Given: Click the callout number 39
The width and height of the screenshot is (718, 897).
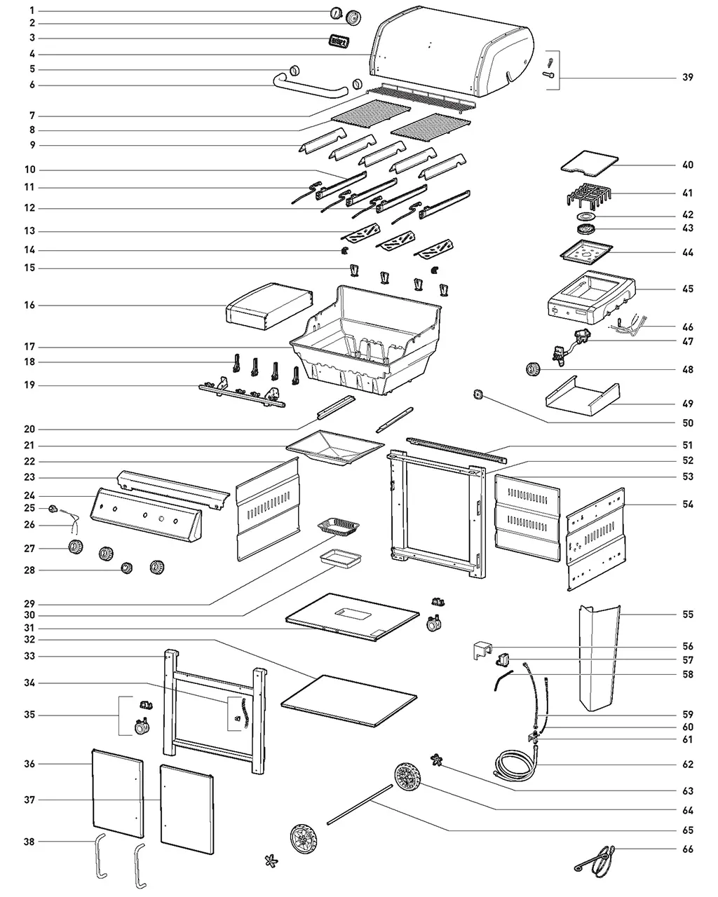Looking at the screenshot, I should click(x=688, y=78).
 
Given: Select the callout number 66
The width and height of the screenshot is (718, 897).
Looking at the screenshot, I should click(x=688, y=849).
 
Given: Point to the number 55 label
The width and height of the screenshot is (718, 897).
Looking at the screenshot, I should click(x=688, y=615).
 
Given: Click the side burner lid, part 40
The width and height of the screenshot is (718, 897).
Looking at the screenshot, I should click(x=589, y=164).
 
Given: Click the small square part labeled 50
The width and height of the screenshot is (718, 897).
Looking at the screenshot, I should click(x=479, y=395).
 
